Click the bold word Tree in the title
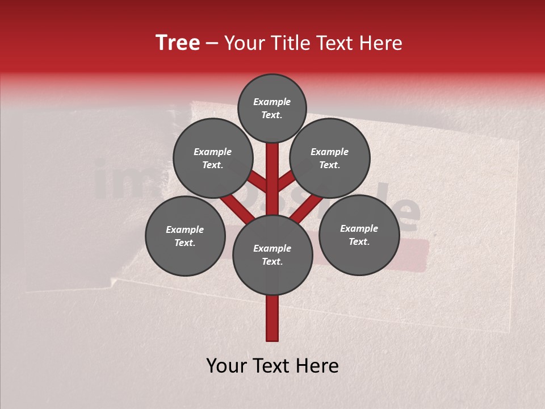pyautogui.click(x=178, y=43)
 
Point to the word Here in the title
pyautogui.click(x=381, y=43)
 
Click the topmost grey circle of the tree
pyautogui.click(x=272, y=108)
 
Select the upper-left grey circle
pyautogui.click(x=213, y=158)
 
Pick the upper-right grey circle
pyautogui.click(x=330, y=158)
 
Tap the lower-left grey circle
pyautogui.click(x=185, y=236)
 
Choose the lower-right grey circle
pyautogui.click(x=359, y=235)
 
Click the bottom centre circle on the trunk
pyautogui.click(x=272, y=255)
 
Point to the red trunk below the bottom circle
pyautogui.click(x=272, y=318)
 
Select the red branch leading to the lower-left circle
pyautogui.click(x=236, y=207)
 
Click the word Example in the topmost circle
pyautogui.click(x=272, y=102)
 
